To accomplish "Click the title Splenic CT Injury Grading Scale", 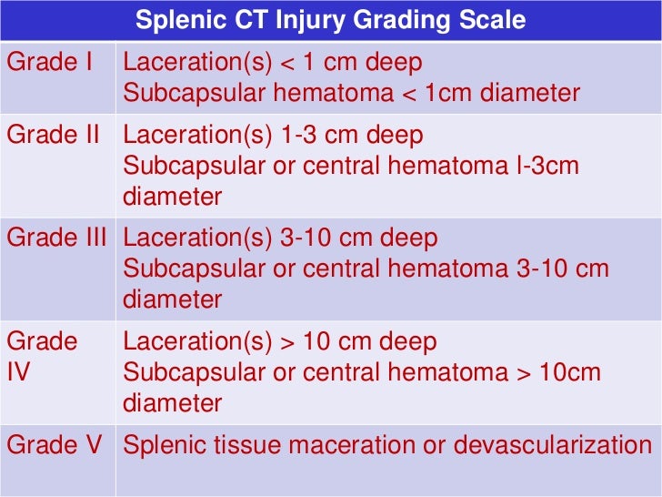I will tap(331, 19).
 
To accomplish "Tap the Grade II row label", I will tap(54, 135).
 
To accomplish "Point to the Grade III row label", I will tap(56, 238).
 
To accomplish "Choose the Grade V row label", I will tap(55, 445).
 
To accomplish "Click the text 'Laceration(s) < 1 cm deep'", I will tap(272, 63).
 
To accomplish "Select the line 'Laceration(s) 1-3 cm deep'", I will tap(273, 136).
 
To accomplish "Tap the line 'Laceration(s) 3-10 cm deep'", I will tap(280, 238).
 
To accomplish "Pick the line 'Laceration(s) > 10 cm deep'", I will tap(280, 342).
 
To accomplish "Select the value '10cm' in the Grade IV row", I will tap(567, 372).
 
